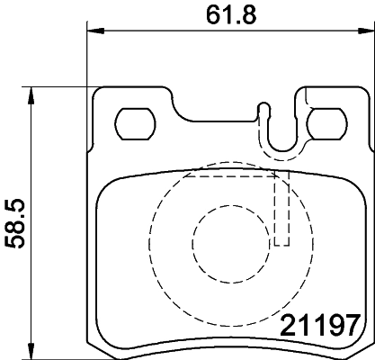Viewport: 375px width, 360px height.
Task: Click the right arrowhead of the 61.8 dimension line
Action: click(x=369, y=31)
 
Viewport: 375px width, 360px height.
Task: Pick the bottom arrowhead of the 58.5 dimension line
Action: click(x=32, y=353)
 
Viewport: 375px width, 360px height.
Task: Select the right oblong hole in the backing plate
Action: click(x=324, y=122)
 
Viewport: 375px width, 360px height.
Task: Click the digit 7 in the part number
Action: click(x=354, y=324)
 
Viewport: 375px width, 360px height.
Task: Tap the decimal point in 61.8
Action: click(x=233, y=20)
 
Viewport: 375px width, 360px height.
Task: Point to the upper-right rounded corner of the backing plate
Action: click(x=362, y=94)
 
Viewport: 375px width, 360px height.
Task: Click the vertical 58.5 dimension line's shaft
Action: click(x=32, y=270)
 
